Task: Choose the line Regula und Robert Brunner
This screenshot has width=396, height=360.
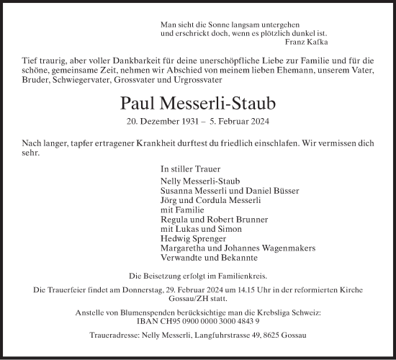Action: click(205, 219)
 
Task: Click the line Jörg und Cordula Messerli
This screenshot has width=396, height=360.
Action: click(203, 199)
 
